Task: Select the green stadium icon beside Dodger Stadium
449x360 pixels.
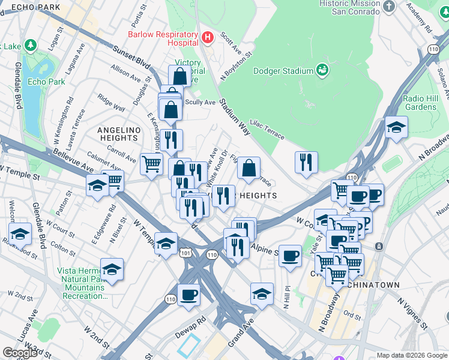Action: click(322, 70)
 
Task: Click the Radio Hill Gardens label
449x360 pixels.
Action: click(420, 103)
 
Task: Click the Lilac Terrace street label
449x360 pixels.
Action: click(267, 128)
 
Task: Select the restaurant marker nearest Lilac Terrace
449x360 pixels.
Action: click(306, 162)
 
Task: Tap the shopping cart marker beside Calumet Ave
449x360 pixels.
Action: click(151, 164)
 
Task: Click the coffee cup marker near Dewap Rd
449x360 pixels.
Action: click(188, 296)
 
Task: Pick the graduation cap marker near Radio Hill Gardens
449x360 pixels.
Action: click(397, 127)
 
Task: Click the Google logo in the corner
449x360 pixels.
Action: click(19, 353)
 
